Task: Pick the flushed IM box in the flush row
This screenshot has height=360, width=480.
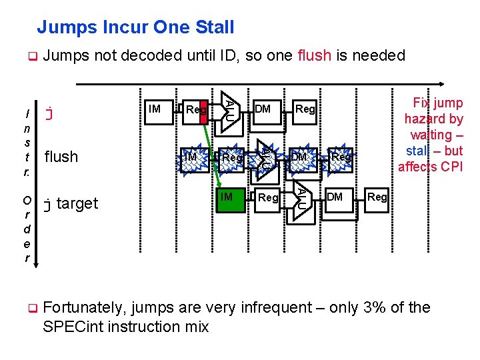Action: coord(190,157)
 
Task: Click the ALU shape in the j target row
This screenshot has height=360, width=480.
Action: coord(301,198)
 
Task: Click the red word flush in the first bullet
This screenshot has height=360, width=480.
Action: coord(315,56)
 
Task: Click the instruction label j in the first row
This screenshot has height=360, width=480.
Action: coord(48,112)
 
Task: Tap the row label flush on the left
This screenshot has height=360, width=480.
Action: coord(61,157)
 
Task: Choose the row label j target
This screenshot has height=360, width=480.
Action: coord(70,203)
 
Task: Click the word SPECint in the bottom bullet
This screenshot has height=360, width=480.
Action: coord(71,327)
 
